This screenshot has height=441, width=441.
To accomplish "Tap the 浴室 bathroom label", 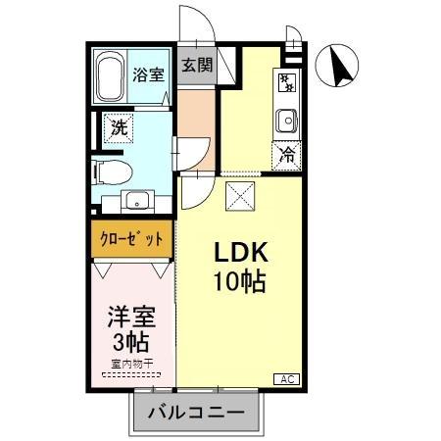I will click(x=149, y=74).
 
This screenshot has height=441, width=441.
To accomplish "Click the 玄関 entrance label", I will click(x=197, y=67).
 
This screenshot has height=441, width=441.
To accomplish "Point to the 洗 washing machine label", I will click(x=119, y=126).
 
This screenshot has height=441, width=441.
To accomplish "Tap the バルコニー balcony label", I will click(x=196, y=413).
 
